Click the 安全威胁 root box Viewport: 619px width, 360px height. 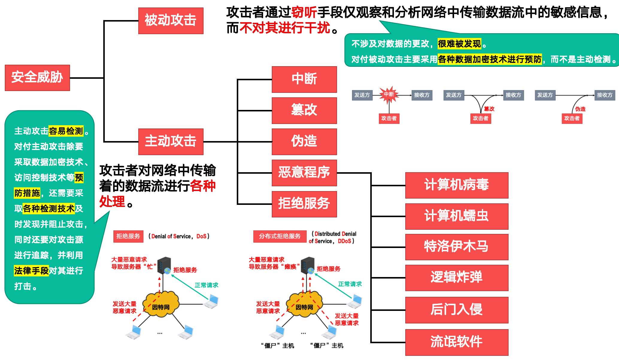click(x=37, y=78)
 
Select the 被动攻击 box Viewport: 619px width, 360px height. click(x=171, y=21)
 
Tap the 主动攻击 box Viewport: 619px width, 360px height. click(x=171, y=141)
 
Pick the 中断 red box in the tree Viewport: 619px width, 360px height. click(x=304, y=79)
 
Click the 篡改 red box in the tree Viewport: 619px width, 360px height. click(x=304, y=111)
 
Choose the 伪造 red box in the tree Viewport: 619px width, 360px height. click(x=304, y=141)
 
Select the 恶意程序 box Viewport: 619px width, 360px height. click(x=304, y=173)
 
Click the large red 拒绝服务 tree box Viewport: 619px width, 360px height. click(x=304, y=204)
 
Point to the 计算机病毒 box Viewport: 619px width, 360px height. click(x=456, y=185)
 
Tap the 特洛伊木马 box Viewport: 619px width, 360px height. click(x=456, y=247)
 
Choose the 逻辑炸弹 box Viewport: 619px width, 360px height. click(x=456, y=278)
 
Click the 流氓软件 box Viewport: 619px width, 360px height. click(x=456, y=342)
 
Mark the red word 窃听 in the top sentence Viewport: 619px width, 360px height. click(x=304, y=12)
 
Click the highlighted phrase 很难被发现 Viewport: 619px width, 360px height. click(x=459, y=44)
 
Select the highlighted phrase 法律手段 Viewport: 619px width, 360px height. click(x=31, y=271)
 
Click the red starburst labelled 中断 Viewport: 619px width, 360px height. click(x=389, y=95)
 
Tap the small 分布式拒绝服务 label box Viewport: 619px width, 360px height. click(x=280, y=236)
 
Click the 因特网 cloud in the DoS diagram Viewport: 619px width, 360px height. click(x=161, y=305)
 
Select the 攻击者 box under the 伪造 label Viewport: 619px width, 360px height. click(x=572, y=118)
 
